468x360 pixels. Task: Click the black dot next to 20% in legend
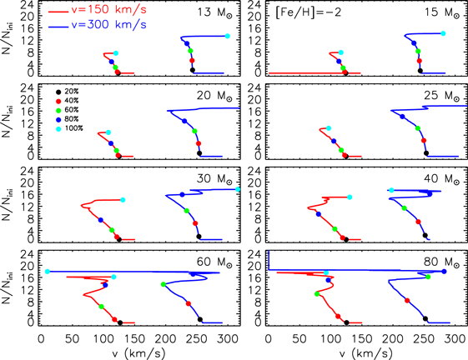coord(57,92)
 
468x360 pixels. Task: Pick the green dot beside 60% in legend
coord(57,110)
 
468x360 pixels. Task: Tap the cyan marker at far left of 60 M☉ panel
coord(48,272)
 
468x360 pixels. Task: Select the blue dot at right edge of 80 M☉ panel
coord(444,272)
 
